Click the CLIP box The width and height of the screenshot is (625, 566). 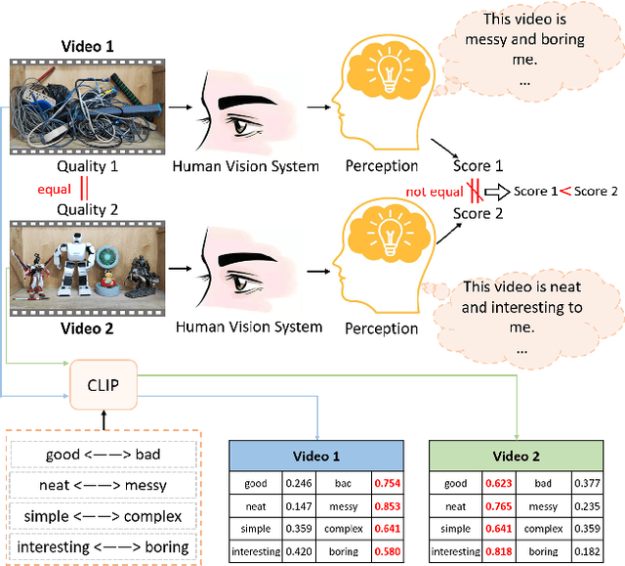(103, 385)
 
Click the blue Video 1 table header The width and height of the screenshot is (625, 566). (315, 456)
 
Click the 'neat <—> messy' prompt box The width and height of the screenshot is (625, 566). (105, 484)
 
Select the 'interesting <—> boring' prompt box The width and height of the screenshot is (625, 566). (105, 546)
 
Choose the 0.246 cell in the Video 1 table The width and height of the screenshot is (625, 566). (298, 482)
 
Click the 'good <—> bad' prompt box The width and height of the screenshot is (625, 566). (105, 454)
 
